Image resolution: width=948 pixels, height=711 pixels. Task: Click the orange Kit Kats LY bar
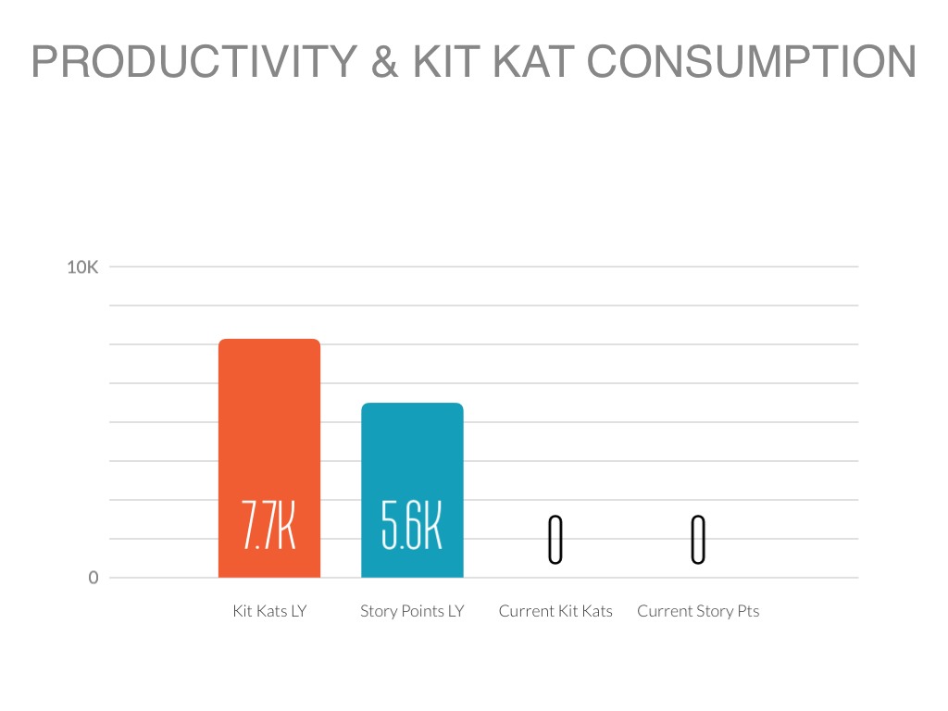click(268, 426)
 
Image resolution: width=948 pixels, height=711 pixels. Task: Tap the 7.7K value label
click(268, 528)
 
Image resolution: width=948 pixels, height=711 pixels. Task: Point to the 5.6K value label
click(412, 528)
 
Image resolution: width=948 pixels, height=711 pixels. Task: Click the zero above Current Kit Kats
click(555, 540)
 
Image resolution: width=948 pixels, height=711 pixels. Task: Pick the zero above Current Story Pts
click(698, 540)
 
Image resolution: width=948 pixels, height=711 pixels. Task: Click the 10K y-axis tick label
click(82, 268)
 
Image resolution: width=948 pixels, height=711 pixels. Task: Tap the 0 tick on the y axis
click(93, 578)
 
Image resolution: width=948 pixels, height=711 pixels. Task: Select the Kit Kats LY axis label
click(268, 611)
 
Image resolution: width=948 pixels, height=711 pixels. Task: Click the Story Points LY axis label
click(412, 611)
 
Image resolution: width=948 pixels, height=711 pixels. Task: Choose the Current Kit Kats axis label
click(555, 611)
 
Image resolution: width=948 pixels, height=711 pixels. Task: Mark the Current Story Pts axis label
click(698, 611)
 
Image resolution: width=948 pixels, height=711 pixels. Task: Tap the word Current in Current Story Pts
click(667, 611)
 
